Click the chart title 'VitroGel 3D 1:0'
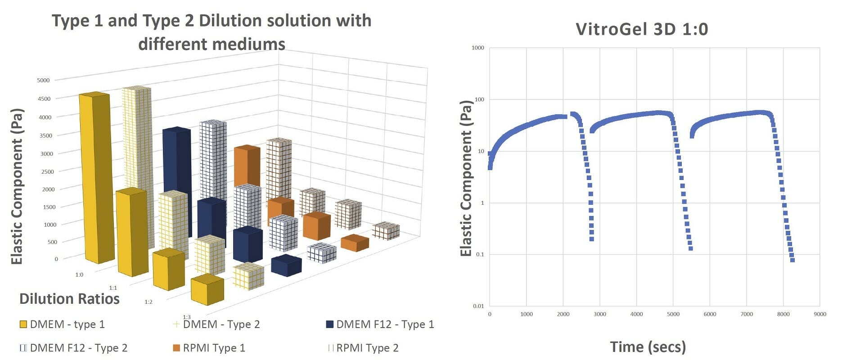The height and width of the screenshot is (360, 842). coord(642,29)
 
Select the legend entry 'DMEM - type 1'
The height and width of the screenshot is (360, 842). coord(63,324)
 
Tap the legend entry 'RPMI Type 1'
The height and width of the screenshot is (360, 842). coord(209,348)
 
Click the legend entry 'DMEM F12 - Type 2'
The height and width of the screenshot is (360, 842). coord(74,348)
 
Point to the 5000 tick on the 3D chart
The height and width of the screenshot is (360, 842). coord(44,80)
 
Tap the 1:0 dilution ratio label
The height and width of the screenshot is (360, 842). coord(79,274)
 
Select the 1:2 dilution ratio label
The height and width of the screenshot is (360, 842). coord(149,301)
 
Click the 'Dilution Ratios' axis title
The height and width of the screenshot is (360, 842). coord(69,299)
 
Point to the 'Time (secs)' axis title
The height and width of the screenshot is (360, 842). coord(648,347)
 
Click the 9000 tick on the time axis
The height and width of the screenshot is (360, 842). coord(820,314)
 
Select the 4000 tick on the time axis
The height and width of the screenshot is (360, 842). coord(636,314)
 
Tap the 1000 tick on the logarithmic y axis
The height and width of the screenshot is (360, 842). coord(478,48)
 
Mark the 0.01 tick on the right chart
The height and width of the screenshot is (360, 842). coord(478,306)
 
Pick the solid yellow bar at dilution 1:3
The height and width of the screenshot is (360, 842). coord(207,289)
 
